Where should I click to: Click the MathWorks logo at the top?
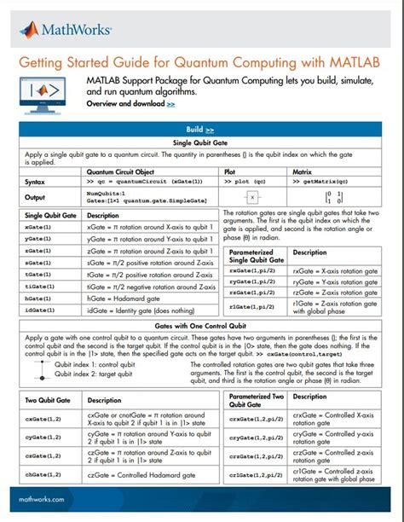pos(66,31)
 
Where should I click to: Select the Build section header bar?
pos(202,130)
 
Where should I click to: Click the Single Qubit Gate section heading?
pos(202,142)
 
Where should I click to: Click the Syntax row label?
pos(37,182)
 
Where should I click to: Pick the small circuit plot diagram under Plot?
pos(251,198)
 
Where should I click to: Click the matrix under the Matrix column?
pos(316,198)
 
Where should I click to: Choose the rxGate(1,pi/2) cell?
pos(252,270)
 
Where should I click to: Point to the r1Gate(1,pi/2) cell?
pos(252,306)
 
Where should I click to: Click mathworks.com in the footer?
pos(42,499)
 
